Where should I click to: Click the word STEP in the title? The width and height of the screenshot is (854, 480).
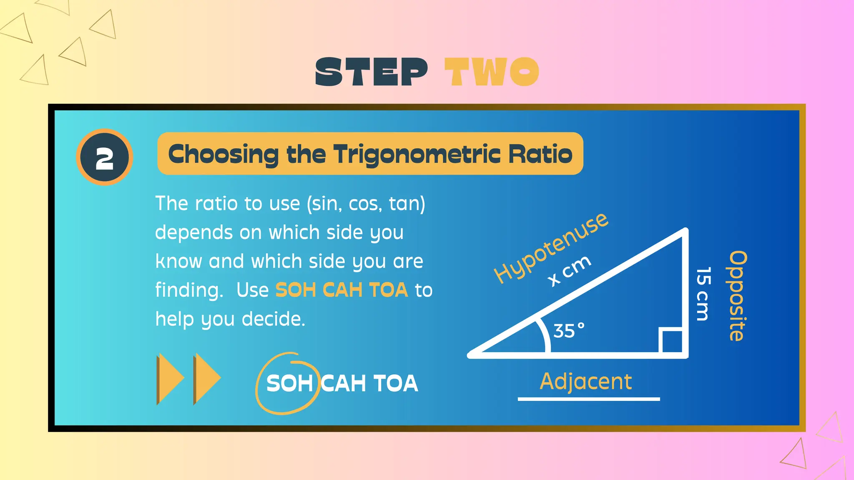[x=371, y=72]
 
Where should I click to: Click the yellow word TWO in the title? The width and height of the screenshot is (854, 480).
[x=492, y=72]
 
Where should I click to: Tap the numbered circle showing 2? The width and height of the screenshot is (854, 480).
[x=105, y=157]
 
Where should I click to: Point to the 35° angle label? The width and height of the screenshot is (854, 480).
[x=569, y=331]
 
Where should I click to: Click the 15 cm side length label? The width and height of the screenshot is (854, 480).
[x=703, y=294]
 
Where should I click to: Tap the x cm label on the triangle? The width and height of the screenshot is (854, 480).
[x=570, y=271]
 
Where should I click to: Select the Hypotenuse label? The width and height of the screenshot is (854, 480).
[x=550, y=247]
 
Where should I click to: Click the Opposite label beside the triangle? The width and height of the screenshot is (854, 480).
[x=737, y=296]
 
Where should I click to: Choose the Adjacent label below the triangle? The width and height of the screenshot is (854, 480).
[x=586, y=381]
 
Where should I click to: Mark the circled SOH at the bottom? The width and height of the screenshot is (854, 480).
[x=289, y=383]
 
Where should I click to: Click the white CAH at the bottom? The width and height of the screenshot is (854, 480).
[x=344, y=383]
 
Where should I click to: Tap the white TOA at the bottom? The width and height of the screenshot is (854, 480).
[x=395, y=383]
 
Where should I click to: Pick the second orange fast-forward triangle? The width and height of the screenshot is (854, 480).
[x=207, y=379]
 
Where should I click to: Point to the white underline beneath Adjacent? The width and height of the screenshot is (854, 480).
[x=589, y=399]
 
